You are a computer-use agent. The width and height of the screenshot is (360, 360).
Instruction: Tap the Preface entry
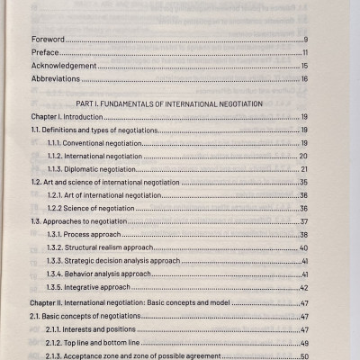pyautogui.click(x=47, y=53)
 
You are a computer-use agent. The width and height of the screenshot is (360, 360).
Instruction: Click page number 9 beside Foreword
pyautogui.click(x=306, y=40)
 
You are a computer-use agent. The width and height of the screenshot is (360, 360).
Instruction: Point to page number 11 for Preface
pyautogui.click(x=305, y=53)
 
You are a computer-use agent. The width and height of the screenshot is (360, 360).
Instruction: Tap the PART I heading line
pyautogui.click(x=170, y=105)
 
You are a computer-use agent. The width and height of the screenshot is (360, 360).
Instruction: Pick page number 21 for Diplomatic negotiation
pyautogui.click(x=305, y=170)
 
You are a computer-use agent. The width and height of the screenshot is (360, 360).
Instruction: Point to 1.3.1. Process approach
pyautogui.click(x=89, y=235)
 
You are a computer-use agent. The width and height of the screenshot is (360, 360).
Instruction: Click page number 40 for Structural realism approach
pyautogui.click(x=305, y=247)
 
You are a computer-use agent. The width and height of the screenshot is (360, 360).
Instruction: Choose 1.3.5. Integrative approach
pyautogui.click(x=94, y=287)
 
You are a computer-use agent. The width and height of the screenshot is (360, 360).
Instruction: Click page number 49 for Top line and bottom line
pyautogui.click(x=305, y=343)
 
